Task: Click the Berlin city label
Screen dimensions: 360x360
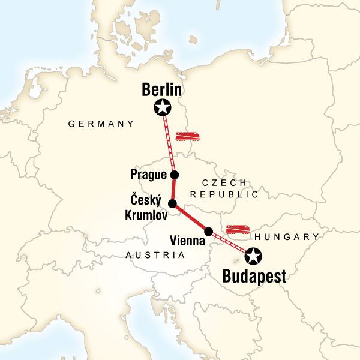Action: (x=162, y=90)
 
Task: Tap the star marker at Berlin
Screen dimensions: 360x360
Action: (x=162, y=108)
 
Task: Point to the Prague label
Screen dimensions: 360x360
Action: (x=148, y=175)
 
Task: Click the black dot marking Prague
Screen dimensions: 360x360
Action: (x=175, y=175)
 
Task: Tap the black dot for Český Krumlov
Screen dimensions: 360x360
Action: (x=172, y=204)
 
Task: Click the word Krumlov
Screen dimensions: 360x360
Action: (x=146, y=214)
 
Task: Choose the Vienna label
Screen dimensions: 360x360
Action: (x=187, y=241)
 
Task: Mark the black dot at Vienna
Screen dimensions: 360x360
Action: (x=209, y=232)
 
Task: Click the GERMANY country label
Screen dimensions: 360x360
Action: (x=101, y=124)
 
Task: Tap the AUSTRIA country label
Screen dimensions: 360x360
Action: (x=155, y=255)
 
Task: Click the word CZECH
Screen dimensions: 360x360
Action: (x=223, y=183)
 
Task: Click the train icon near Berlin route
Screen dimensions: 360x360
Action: (x=187, y=136)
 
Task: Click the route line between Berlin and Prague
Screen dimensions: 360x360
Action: (x=169, y=142)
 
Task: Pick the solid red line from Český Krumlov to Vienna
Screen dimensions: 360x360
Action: (x=191, y=218)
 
